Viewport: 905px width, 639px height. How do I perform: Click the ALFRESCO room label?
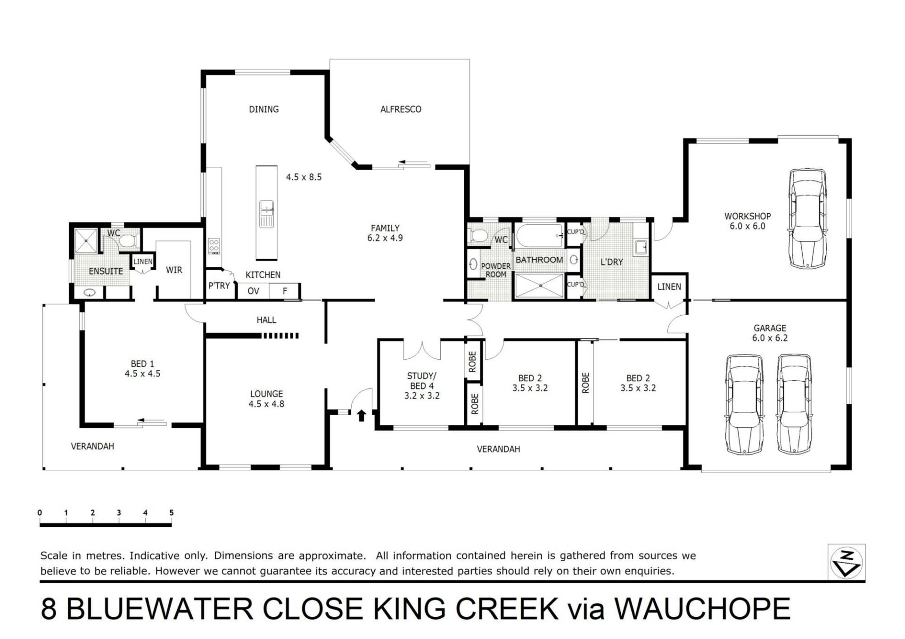point(401,109)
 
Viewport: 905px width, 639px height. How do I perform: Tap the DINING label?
point(263,109)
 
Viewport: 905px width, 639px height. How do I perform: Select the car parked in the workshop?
point(807,219)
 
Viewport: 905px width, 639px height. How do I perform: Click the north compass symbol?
point(847,563)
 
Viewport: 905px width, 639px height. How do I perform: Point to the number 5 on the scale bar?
point(172,513)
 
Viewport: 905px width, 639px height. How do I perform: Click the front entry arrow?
point(362,415)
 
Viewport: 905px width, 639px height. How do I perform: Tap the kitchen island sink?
point(266,214)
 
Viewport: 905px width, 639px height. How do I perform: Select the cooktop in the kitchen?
point(214,246)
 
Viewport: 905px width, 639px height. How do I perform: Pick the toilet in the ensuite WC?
point(126,241)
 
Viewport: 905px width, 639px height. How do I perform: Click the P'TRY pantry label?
point(219,286)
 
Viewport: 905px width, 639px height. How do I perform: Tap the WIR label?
point(174,270)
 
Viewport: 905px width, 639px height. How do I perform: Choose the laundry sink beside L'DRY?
point(641,247)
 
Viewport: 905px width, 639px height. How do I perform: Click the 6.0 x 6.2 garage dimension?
point(770,338)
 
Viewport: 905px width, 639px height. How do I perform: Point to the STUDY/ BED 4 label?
point(422,386)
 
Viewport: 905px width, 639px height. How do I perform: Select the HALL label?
point(266,320)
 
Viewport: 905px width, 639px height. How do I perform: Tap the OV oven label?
point(253,291)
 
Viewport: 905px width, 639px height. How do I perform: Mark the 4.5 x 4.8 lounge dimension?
point(266,404)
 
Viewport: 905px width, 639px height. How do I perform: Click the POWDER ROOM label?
point(496,270)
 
